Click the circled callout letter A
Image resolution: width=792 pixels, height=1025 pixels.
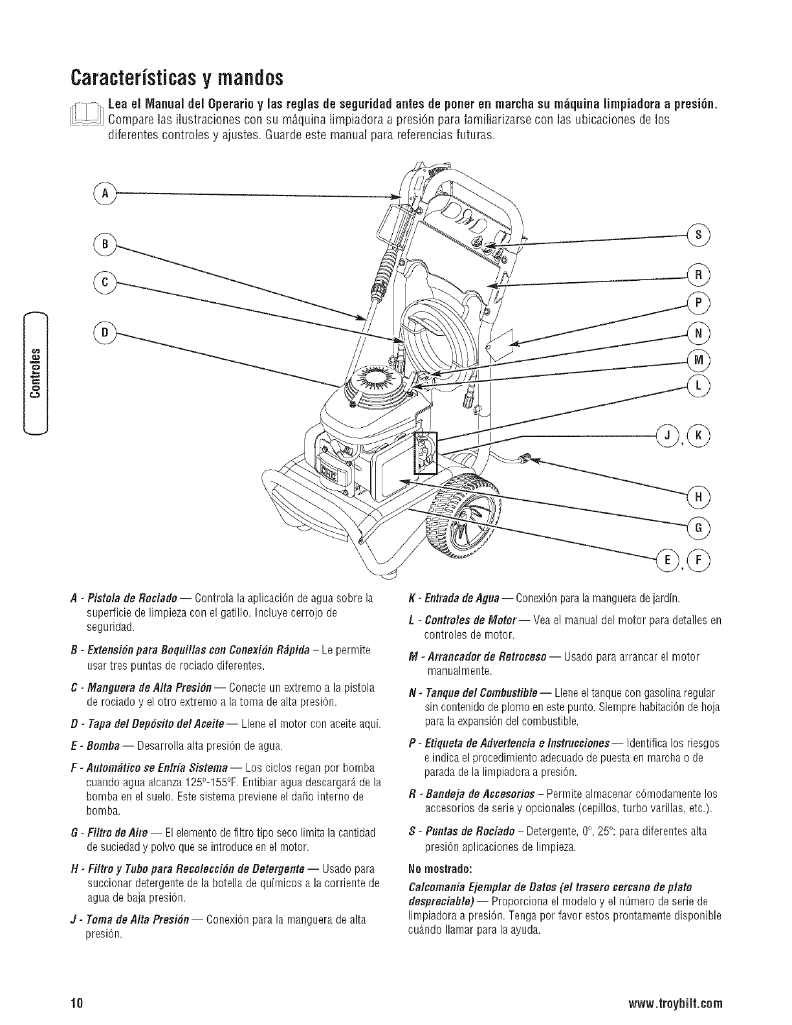[x=104, y=193]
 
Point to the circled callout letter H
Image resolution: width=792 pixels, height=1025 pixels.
[x=699, y=497]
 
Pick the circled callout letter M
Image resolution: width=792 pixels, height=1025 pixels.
[x=699, y=359]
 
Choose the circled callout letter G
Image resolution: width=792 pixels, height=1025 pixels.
[x=699, y=527]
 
